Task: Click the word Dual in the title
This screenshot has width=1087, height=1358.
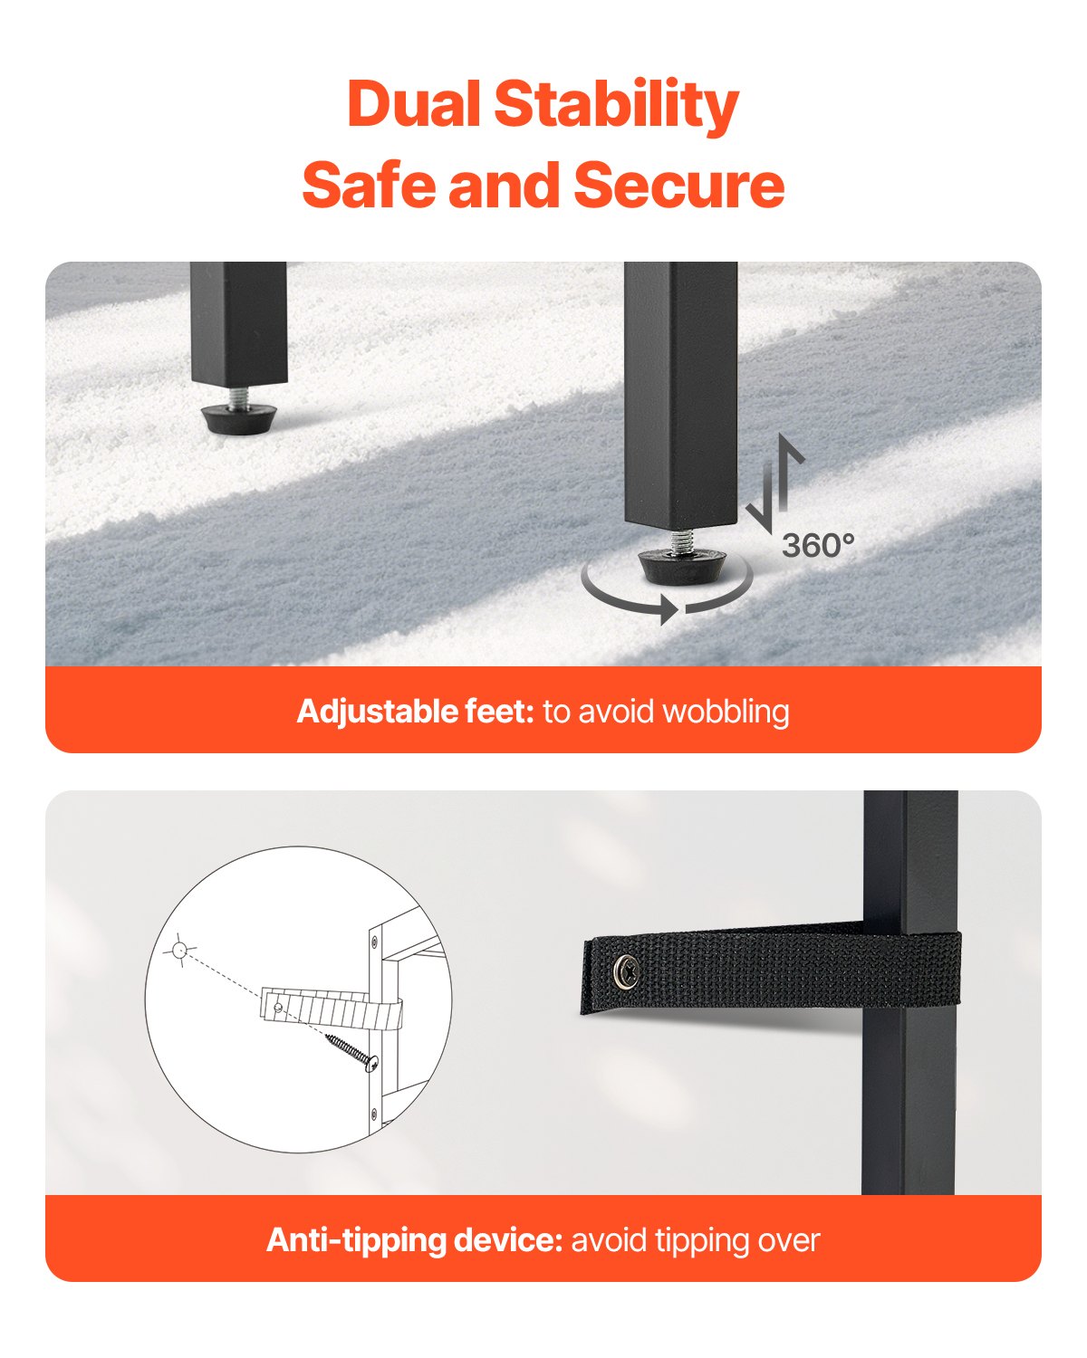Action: [414, 103]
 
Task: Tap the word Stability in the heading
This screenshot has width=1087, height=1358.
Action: [617, 107]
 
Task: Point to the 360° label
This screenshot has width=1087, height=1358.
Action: [818, 546]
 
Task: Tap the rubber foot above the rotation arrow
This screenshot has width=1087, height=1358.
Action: [682, 566]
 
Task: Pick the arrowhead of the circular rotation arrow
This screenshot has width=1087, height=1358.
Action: [669, 609]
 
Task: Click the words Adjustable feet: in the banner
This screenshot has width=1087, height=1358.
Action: [416, 712]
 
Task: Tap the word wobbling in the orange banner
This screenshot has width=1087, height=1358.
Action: [726, 712]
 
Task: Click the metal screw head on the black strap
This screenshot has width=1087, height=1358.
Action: [626, 969]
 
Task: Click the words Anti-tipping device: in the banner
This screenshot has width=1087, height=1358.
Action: [414, 1240]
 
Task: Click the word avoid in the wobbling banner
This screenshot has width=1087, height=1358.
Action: [616, 712]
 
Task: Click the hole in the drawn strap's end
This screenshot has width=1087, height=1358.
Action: [278, 1007]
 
